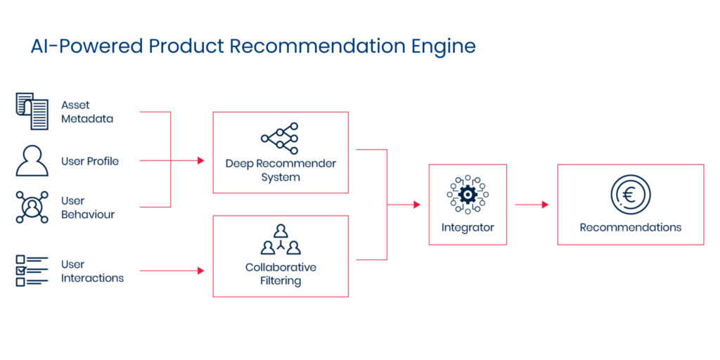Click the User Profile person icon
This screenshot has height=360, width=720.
pos(32,161)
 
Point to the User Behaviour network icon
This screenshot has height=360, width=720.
pos(32,207)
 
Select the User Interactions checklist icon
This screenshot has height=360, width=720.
pos(32,271)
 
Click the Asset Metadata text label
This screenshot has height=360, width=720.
pos(86,112)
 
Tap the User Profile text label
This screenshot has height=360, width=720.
pos(89,161)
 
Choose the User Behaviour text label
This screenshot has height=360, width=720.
pos(86,207)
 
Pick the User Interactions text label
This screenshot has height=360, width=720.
pos(91,271)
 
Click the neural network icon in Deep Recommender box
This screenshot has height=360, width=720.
pos(280,137)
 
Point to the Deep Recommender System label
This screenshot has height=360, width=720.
pos(281,170)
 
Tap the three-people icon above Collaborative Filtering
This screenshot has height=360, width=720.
pos(281,240)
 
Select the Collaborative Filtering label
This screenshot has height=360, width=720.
pos(281,274)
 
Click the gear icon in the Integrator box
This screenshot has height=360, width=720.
pos(468,194)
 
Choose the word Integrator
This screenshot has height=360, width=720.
pos(468,227)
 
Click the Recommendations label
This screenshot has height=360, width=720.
pos(630,227)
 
